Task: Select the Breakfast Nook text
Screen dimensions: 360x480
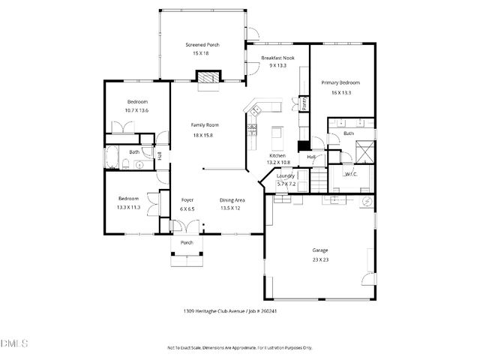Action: (x=277, y=58)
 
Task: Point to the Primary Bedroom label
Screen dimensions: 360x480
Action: (x=341, y=82)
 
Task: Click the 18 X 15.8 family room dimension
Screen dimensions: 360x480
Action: (x=202, y=135)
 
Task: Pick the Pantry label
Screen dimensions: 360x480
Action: (x=304, y=102)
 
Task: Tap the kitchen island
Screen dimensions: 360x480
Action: (x=276, y=137)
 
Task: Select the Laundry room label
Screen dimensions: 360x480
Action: (x=286, y=175)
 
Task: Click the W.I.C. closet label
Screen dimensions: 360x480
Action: (x=350, y=174)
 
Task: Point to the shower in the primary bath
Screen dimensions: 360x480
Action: (x=365, y=150)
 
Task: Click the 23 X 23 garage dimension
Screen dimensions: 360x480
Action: (x=320, y=259)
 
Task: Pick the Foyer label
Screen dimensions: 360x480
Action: (x=187, y=200)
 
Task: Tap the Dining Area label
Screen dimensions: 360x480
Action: (x=230, y=200)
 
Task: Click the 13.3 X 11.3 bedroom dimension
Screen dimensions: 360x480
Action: (x=128, y=206)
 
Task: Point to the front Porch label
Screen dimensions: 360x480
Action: (x=187, y=242)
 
